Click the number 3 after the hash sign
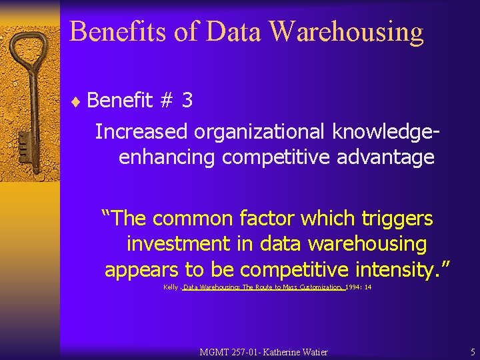[187, 100]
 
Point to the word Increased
[141, 131]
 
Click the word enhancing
[167, 157]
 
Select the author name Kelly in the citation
[170, 287]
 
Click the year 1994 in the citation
[354, 287]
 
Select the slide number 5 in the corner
[472, 351]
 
